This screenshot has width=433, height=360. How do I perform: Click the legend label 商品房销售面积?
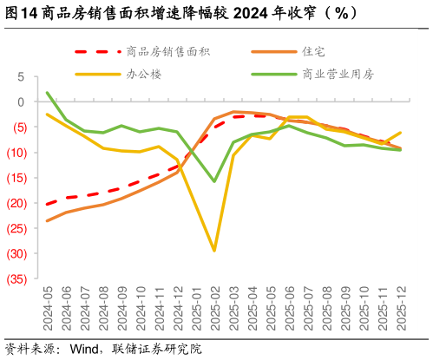[167, 52]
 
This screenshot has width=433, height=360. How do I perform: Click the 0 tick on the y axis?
[21, 101]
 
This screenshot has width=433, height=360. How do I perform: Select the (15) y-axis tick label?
[15, 178]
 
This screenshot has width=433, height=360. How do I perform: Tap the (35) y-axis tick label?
[15, 279]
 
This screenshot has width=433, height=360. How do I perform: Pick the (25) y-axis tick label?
[15, 229]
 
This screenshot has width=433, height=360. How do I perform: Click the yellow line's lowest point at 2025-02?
[214, 251]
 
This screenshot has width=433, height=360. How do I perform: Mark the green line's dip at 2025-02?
[214, 181]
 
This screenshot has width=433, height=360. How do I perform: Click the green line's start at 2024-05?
[47, 93]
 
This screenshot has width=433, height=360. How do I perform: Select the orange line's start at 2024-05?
[47, 220]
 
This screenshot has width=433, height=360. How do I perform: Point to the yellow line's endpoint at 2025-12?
[400, 133]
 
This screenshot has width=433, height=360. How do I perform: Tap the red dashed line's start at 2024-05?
[47, 205]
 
